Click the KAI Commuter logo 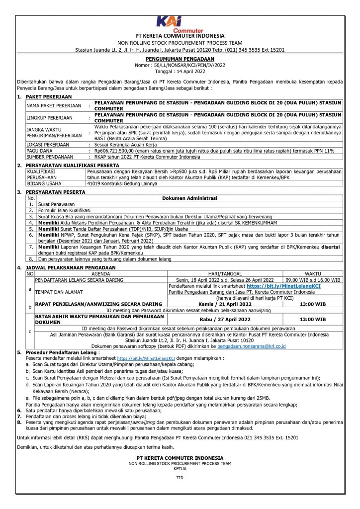[180, 23]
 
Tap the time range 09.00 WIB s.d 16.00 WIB [313, 279]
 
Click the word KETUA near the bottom [180, 468]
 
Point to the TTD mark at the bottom [180, 478]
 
